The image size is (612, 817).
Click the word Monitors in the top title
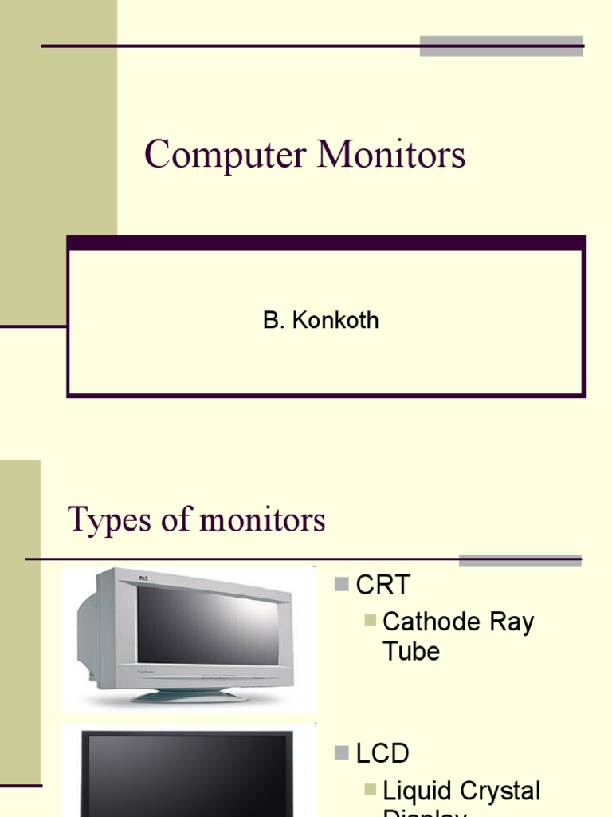point(391,155)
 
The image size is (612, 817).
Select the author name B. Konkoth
point(320,321)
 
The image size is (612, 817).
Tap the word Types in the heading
point(99,520)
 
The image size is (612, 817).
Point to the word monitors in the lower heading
point(262,520)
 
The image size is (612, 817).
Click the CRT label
point(383,585)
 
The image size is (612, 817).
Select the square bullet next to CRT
point(342,585)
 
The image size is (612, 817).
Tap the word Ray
point(511,622)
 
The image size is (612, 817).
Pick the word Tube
point(411,651)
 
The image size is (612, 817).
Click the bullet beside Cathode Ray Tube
point(370,620)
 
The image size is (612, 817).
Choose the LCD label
point(382,752)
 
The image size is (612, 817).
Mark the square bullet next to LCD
point(342,752)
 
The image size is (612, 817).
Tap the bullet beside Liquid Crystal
point(370,789)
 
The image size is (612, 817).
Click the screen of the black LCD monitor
point(187,778)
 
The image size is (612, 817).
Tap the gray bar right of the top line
point(501,45)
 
